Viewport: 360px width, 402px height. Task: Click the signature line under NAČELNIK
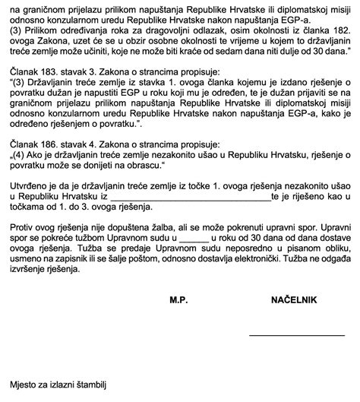point(290,334)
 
